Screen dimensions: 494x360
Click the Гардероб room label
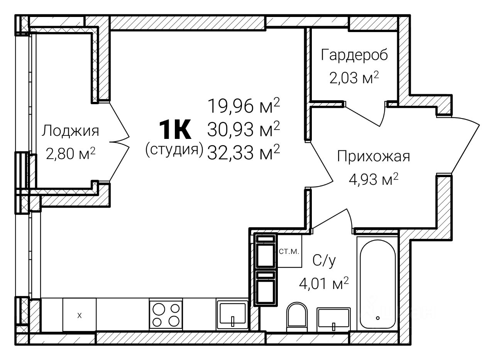click(x=354, y=55)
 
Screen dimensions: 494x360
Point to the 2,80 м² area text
click(x=71, y=154)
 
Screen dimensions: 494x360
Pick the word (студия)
click(x=174, y=150)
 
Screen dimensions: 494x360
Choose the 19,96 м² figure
click(x=244, y=106)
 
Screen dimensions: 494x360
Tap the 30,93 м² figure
click(x=244, y=129)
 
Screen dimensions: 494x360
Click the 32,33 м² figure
click(x=244, y=152)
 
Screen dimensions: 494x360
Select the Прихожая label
click(x=373, y=157)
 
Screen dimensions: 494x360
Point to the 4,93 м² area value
click(x=373, y=179)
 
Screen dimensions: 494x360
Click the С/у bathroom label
click(x=324, y=261)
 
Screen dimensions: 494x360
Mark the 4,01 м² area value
click(x=324, y=284)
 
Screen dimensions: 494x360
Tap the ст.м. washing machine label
click(x=289, y=252)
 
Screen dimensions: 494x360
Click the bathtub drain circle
click(x=378, y=318)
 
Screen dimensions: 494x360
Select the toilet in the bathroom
click(x=297, y=317)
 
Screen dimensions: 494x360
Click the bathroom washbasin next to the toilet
click(x=333, y=319)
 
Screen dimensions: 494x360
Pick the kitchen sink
click(x=232, y=314)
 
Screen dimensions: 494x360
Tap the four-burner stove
click(x=166, y=314)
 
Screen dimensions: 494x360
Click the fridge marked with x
click(x=80, y=315)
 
